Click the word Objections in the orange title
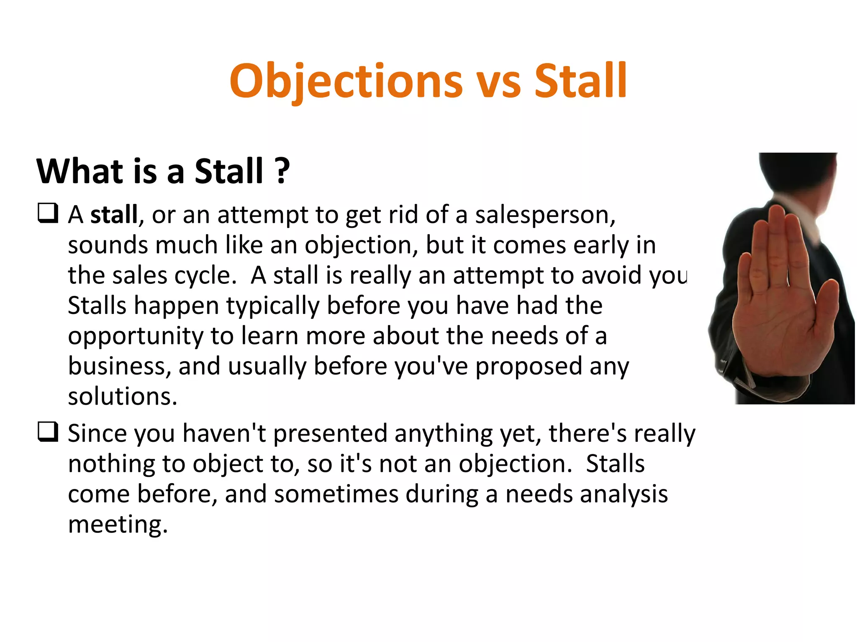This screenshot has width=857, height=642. (346, 81)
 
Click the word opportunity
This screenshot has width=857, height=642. (135, 337)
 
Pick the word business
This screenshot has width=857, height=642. (119, 366)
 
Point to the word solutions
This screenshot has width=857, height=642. (122, 397)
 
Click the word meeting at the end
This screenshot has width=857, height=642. (117, 525)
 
